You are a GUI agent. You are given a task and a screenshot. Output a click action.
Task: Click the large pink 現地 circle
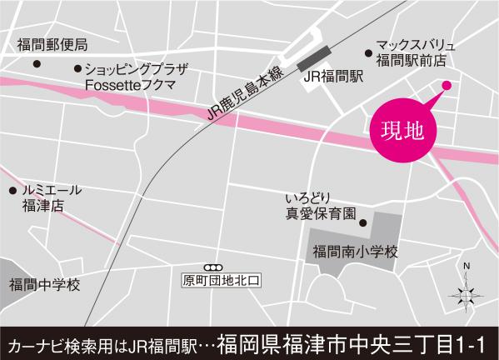coord(402,130)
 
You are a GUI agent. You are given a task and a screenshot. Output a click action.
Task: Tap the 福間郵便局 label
coord(52,43)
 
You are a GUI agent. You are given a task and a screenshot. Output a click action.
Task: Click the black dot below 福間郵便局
coord(36,63)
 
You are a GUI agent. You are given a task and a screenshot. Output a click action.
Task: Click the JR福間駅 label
coord(333,76)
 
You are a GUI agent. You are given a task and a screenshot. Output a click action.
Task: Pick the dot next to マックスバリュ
coord(367,52)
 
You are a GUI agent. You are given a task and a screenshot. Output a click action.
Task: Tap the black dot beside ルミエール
coord(12,190)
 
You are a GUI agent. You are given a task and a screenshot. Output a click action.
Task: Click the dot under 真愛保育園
coord(362,222)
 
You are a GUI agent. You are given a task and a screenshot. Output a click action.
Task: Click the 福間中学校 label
coord(45,285)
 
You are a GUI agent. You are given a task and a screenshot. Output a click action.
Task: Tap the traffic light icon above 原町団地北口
coord(220,266)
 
